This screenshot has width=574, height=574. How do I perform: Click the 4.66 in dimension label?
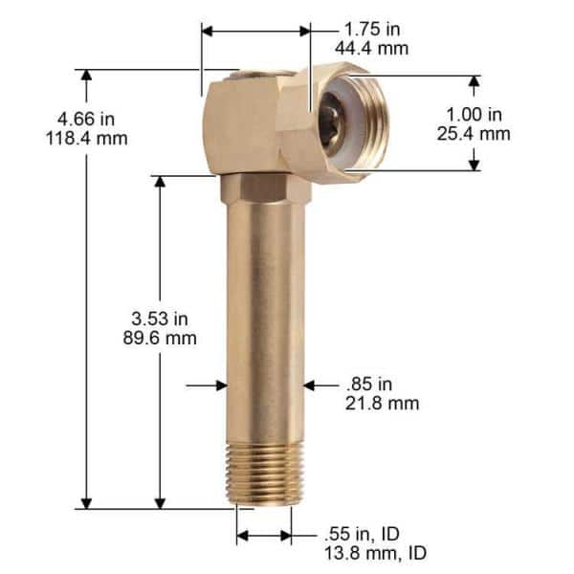pos(86,119)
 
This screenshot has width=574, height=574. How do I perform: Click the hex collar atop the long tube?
pos(265,188)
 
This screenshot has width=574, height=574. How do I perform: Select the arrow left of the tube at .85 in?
pos(216,385)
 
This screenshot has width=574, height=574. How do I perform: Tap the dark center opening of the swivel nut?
pos(335,120)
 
